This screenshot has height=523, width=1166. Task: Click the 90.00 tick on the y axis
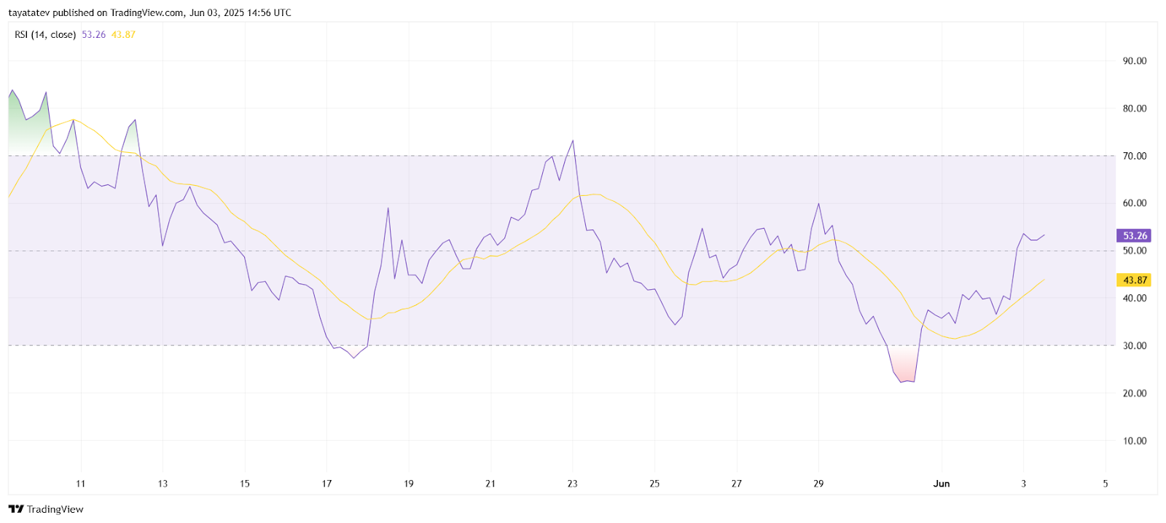tap(1134, 61)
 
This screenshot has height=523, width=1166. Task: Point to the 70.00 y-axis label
tap(1134, 156)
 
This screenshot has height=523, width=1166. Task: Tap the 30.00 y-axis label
tap(1134, 346)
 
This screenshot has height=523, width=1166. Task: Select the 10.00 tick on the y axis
tap(1134, 441)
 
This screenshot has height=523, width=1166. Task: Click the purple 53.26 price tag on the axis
tap(1134, 236)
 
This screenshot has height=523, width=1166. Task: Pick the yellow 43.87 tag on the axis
tap(1134, 280)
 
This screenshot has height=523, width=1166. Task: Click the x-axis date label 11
tap(81, 484)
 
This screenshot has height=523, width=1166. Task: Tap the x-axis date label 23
tap(573, 484)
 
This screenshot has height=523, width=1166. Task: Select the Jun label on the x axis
tap(942, 484)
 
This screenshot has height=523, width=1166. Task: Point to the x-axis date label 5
tap(1106, 484)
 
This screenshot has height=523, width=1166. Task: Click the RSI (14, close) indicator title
tap(45, 35)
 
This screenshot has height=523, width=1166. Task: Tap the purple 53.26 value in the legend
tap(93, 35)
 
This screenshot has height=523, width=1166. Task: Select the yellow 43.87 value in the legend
tap(123, 35)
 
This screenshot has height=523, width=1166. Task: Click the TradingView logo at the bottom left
tap(47, 509)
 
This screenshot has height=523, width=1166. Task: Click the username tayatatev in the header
tap(29, 13)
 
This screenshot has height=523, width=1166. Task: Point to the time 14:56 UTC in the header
tap(271, 13)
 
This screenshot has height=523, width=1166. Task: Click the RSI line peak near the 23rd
tap(573, 141)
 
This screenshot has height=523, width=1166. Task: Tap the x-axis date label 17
tap(327, 484)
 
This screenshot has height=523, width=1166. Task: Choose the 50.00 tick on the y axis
tap(1134, 251)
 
